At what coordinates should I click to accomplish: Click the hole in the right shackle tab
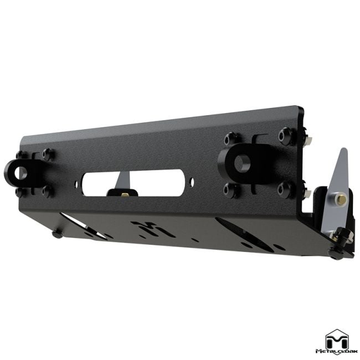pos(243,163)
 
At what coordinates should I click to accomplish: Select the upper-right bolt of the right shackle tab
pos(285,135)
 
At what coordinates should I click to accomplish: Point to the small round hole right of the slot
pos(192,181)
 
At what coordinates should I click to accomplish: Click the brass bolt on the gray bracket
pos(342,199)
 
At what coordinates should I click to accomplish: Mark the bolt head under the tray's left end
pos(57,234)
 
